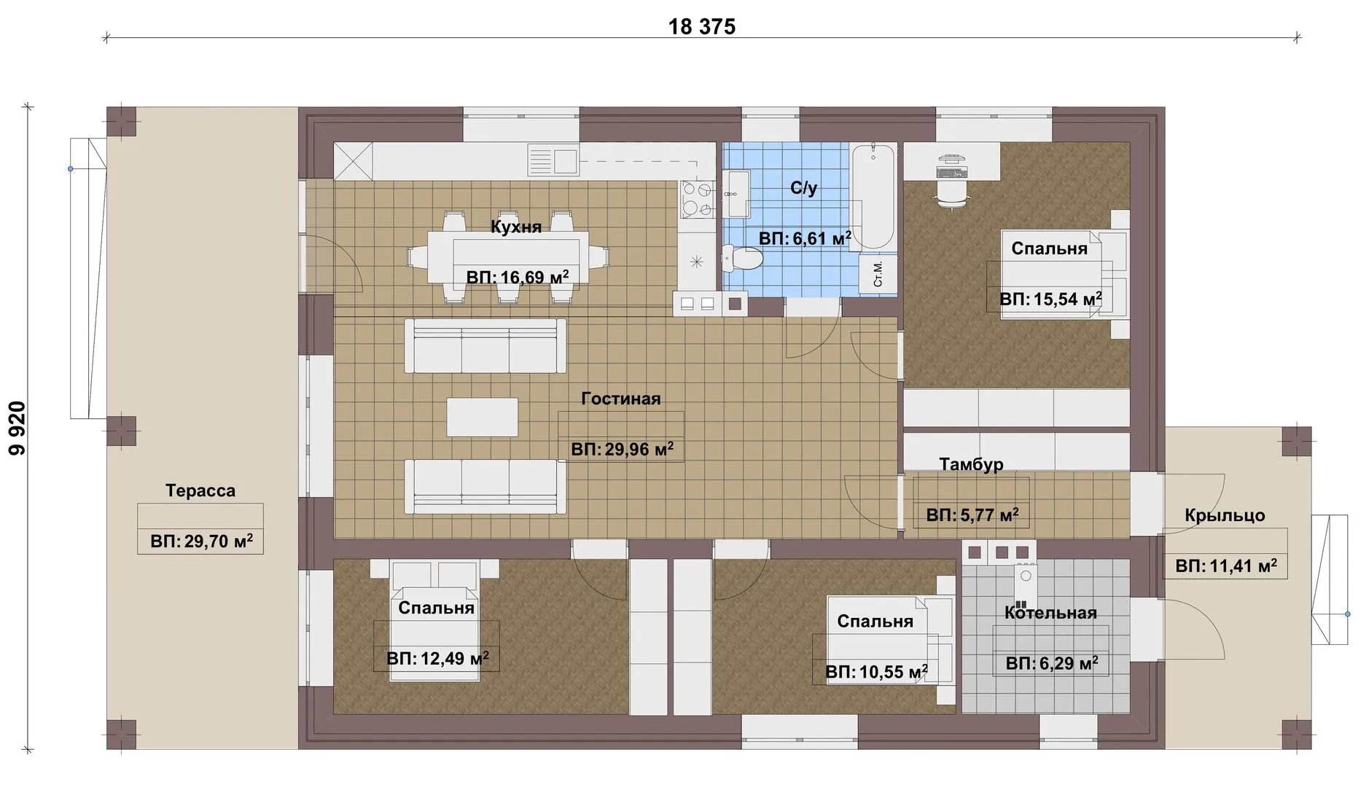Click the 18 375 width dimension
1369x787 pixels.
pyautogui.click(x=702, y=27)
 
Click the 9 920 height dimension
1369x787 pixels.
pyautogui.click(x=17, y=428)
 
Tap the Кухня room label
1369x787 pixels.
pyautogui.click(x=516, y=227)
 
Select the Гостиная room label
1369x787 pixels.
pyautogui.click(x=621, y=399)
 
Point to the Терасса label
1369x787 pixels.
pyautogui.click(x=200, y=490)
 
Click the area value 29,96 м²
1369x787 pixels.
pyautogui.click(x=622, y=449)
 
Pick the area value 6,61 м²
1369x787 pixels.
pyautogui.click(x=805, y=238)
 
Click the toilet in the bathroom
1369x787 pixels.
pyautogui.click(x=742, y=258)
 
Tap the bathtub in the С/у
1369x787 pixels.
pyautogui.click(x=873, y=196)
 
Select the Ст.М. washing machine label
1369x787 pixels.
pyautogui.click(x=878, y=273)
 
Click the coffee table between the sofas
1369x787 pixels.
pyautogui.click(x=483, y=418)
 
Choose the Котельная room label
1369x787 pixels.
pyautogui.click(x=1050, y=613)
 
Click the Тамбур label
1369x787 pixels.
pyautogui.click(x=971, y=464)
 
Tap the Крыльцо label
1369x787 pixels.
pyautogui.click(x=1225, y=515)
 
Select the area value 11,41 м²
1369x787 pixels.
pyautogui.click(x=1226, y=565)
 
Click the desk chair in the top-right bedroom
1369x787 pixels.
pyautogui.click(x=952, y=194)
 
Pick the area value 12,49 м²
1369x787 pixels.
pyautogui.click(x=437, y=659)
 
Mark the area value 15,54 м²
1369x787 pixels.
pyautogui.click(x=1050, y=299)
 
